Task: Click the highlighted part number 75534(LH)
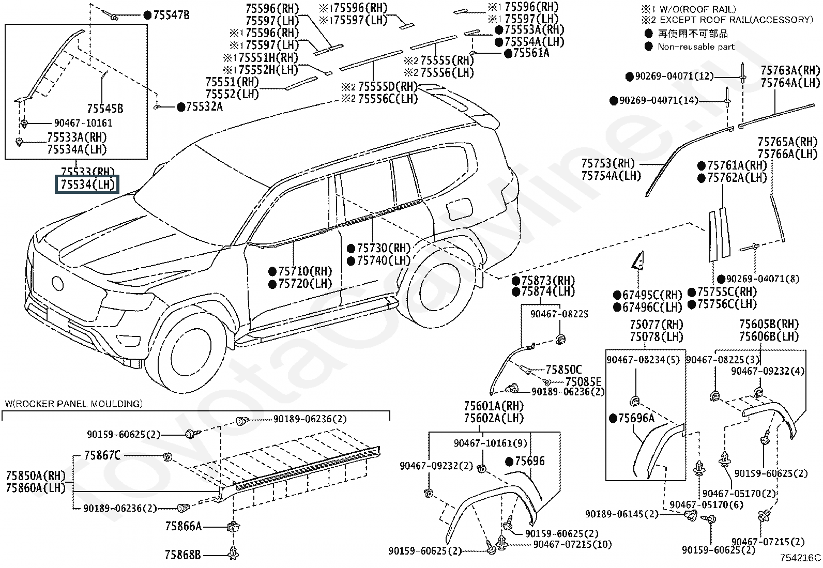pyautogui.click(x=87, y=185)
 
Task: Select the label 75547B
pyautogui.click(x=171, y=15)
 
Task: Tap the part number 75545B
pyautogui.click(x=105, y=109)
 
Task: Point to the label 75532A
pyautogui.click(x=204, y=106)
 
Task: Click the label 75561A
pyautogui.click(x=531, y=53)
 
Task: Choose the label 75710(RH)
pyautogui.click(x=305, y=271)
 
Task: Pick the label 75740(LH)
pyautogui.click(x=384, y=260)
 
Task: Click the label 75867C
pyautogui.click(x=102, y=455)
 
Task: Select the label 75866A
pyautogui.click(x=184, y=526)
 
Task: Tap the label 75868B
pyautogui.click(x=182, y=555)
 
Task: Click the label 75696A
pyautogui.click(x=636, y=418)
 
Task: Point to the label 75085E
pyautogui.click(x=584, y=382)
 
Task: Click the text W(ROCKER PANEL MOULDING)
pyautogui.click(x=74, y=404)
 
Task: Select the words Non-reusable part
pyautogui.click(x=696, y=47)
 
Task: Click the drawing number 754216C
pyautogui.click(x=800, y=558)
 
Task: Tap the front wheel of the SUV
pyautogui.click(x=185, y=349)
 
